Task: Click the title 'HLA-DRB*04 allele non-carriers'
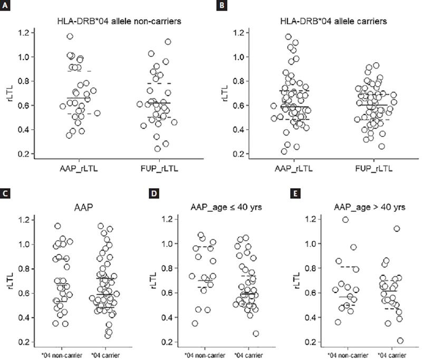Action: (112, 22)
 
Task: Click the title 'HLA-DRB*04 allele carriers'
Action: (324, 22)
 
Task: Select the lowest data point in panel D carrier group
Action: (256, 333)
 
